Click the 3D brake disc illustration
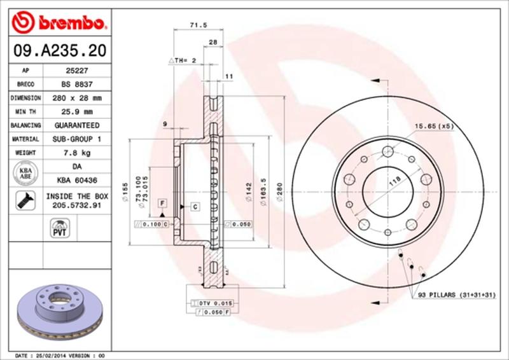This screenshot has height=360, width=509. point(60,311)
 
